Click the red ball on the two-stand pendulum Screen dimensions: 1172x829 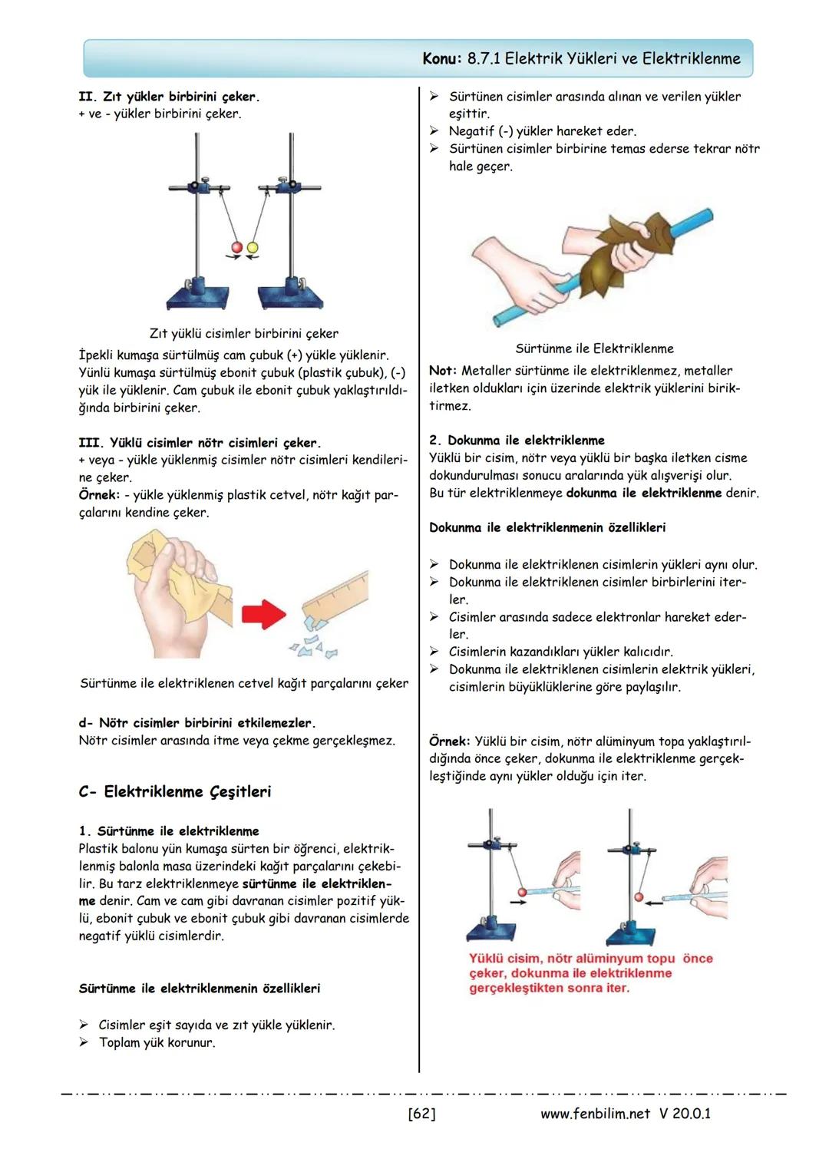(x=237, y=248)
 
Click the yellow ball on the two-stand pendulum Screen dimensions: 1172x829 (x=253, y=248)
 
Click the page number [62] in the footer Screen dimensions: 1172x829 (x=421, y=1113)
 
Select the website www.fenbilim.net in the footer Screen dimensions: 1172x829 (x=595, y=1113)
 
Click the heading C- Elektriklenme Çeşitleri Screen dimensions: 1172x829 (x=174, y=791)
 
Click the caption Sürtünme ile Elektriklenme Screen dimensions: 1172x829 (x=594, y=348)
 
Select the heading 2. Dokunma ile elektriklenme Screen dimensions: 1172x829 (x=517, y=441)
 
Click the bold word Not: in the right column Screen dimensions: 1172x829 (x=443, y=371)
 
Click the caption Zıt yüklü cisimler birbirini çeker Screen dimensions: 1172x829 (x=243, y=334)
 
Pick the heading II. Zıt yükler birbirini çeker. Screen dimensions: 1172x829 (x=169, y=97)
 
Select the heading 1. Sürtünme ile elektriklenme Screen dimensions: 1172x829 (x=169, y=831)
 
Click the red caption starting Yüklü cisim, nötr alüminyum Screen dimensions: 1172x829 (x=590, y=973)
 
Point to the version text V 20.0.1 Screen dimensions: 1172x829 (x=685, y=1113)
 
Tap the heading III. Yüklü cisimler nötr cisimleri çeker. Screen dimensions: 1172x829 (x=200, y=443)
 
